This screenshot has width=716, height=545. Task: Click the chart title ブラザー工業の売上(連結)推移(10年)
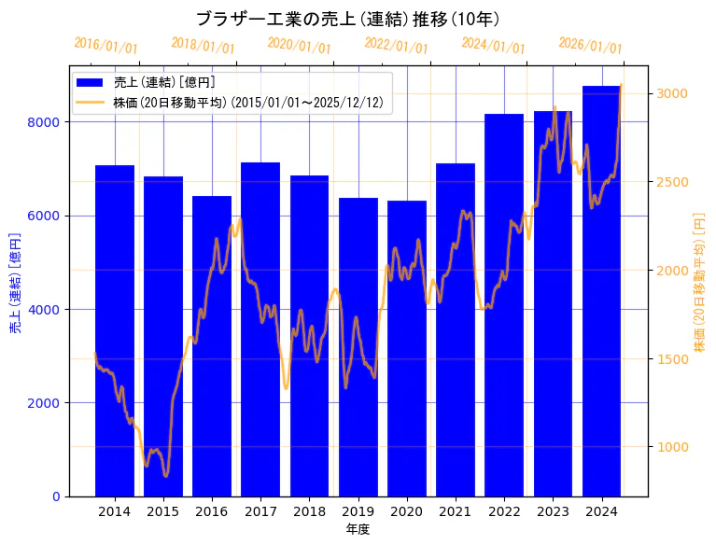(347, 19)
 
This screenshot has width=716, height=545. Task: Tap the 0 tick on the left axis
(56, 496)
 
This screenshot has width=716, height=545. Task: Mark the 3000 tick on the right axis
(672, 93)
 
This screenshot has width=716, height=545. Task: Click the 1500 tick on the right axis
(672, 358)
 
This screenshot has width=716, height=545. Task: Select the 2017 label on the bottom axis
(260, 511)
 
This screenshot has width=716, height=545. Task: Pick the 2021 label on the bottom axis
(456, 511)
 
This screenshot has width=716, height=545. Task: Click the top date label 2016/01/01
(105, 46)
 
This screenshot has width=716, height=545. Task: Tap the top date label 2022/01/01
(396, 46)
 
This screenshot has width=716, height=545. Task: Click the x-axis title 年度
(358, 529)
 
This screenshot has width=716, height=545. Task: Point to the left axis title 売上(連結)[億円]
(15, 281)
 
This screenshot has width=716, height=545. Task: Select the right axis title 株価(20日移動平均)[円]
(700, 281)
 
